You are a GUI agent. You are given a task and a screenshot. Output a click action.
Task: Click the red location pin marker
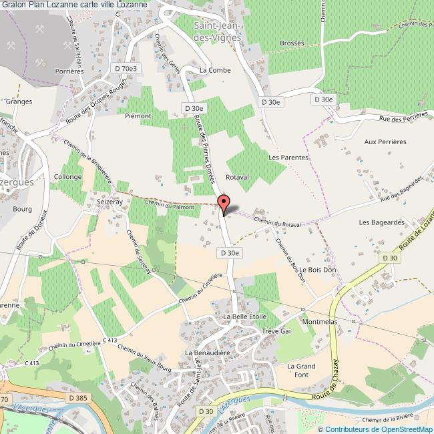(x=224, y=203)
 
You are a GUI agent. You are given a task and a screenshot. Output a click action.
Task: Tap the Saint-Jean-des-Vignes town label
(x=216, y=32)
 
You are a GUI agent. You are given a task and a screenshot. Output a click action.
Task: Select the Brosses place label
(x=292, y=43)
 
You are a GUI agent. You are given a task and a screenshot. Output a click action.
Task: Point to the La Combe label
(x=214, y=69)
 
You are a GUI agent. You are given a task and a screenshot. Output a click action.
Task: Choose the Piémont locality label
(x=138, y=116)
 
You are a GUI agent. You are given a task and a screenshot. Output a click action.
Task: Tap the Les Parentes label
(x=288, y=158)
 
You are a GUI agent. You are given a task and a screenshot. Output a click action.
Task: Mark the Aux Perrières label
(x=385, y=142)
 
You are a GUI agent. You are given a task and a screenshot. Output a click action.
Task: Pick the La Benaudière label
(x=207, y=352)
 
